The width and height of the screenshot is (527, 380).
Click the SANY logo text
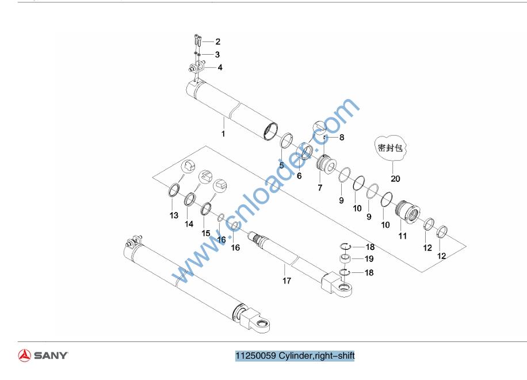coord(51,355)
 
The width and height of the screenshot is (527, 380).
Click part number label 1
coord(223,134)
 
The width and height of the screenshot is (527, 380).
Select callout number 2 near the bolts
coord(218,41)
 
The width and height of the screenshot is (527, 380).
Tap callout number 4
coord(220,67)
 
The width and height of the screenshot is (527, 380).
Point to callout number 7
coord(320,188)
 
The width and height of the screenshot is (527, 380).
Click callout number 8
coord(342,138)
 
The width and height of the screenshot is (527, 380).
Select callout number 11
coord(403,236)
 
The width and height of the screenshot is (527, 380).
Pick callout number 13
coord(174,215)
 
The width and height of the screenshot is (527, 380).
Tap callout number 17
coord(287,281)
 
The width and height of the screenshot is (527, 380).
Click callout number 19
coord(369,259)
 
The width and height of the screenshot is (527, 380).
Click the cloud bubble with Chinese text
coord(391,146)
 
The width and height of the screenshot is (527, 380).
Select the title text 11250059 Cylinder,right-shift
coord(295,355)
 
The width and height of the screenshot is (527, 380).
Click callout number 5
coord(281,165)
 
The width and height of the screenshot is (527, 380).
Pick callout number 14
coord(189,225)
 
